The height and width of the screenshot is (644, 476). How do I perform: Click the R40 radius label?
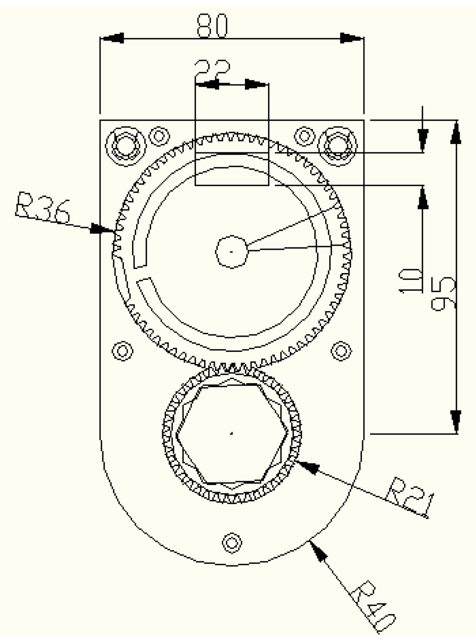coord(374,607)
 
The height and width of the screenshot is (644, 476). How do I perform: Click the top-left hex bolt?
coord(124,145)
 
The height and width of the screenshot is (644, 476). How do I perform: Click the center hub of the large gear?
coord(231,251)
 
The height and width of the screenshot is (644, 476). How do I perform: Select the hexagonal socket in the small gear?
coord(231,434)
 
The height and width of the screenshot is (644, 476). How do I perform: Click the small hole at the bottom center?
coord(231,542)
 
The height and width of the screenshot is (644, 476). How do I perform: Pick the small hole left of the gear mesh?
coord(123,350)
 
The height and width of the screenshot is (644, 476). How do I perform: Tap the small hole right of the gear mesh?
coord(341,350)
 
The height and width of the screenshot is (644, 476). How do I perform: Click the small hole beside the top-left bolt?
coord(159,136)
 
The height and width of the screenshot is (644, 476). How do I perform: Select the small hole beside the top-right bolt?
coord(304,136)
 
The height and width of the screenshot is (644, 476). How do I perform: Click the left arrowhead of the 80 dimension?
coord(112,38)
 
